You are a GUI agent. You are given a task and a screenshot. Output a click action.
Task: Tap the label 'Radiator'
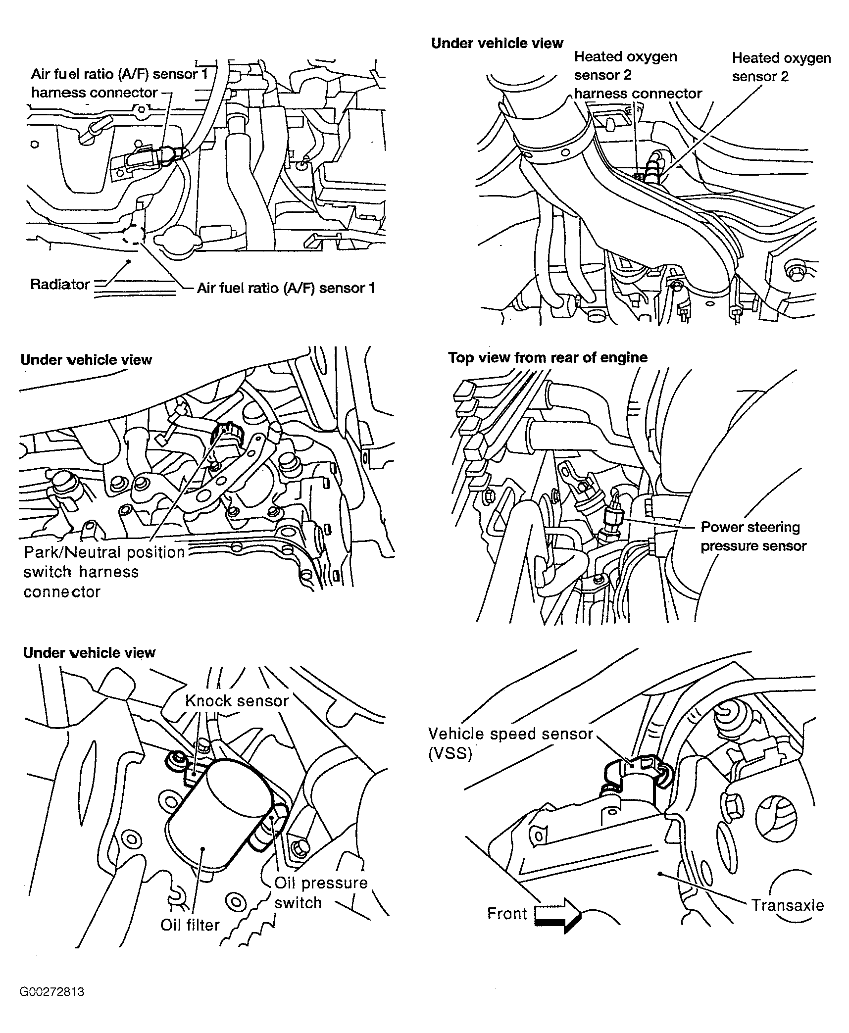click(x=60, y=284)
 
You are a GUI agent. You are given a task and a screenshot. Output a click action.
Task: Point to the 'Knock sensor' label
click(x=237, y=701)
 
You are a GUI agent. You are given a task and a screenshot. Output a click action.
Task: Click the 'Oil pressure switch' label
click(x=321, y=892)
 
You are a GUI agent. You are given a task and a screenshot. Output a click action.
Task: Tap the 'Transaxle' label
click(x=788, y=905)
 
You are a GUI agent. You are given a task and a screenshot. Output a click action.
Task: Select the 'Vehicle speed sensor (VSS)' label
click(x=510, y=743)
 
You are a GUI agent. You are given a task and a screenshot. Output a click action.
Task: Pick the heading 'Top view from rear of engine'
click(x=548, y=357)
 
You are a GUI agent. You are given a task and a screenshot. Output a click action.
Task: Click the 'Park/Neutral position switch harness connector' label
click(x=104, y=572)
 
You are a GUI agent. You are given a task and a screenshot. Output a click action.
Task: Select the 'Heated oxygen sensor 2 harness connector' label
click(x=638, y=75)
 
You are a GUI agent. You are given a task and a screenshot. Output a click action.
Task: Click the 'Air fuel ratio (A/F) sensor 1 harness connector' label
click(x=119, y=83)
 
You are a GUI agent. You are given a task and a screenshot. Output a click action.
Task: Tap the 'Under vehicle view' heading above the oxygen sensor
click(x=497, y=44)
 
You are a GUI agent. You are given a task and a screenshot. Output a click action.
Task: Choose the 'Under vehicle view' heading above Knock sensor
click(x=89, y=653)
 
